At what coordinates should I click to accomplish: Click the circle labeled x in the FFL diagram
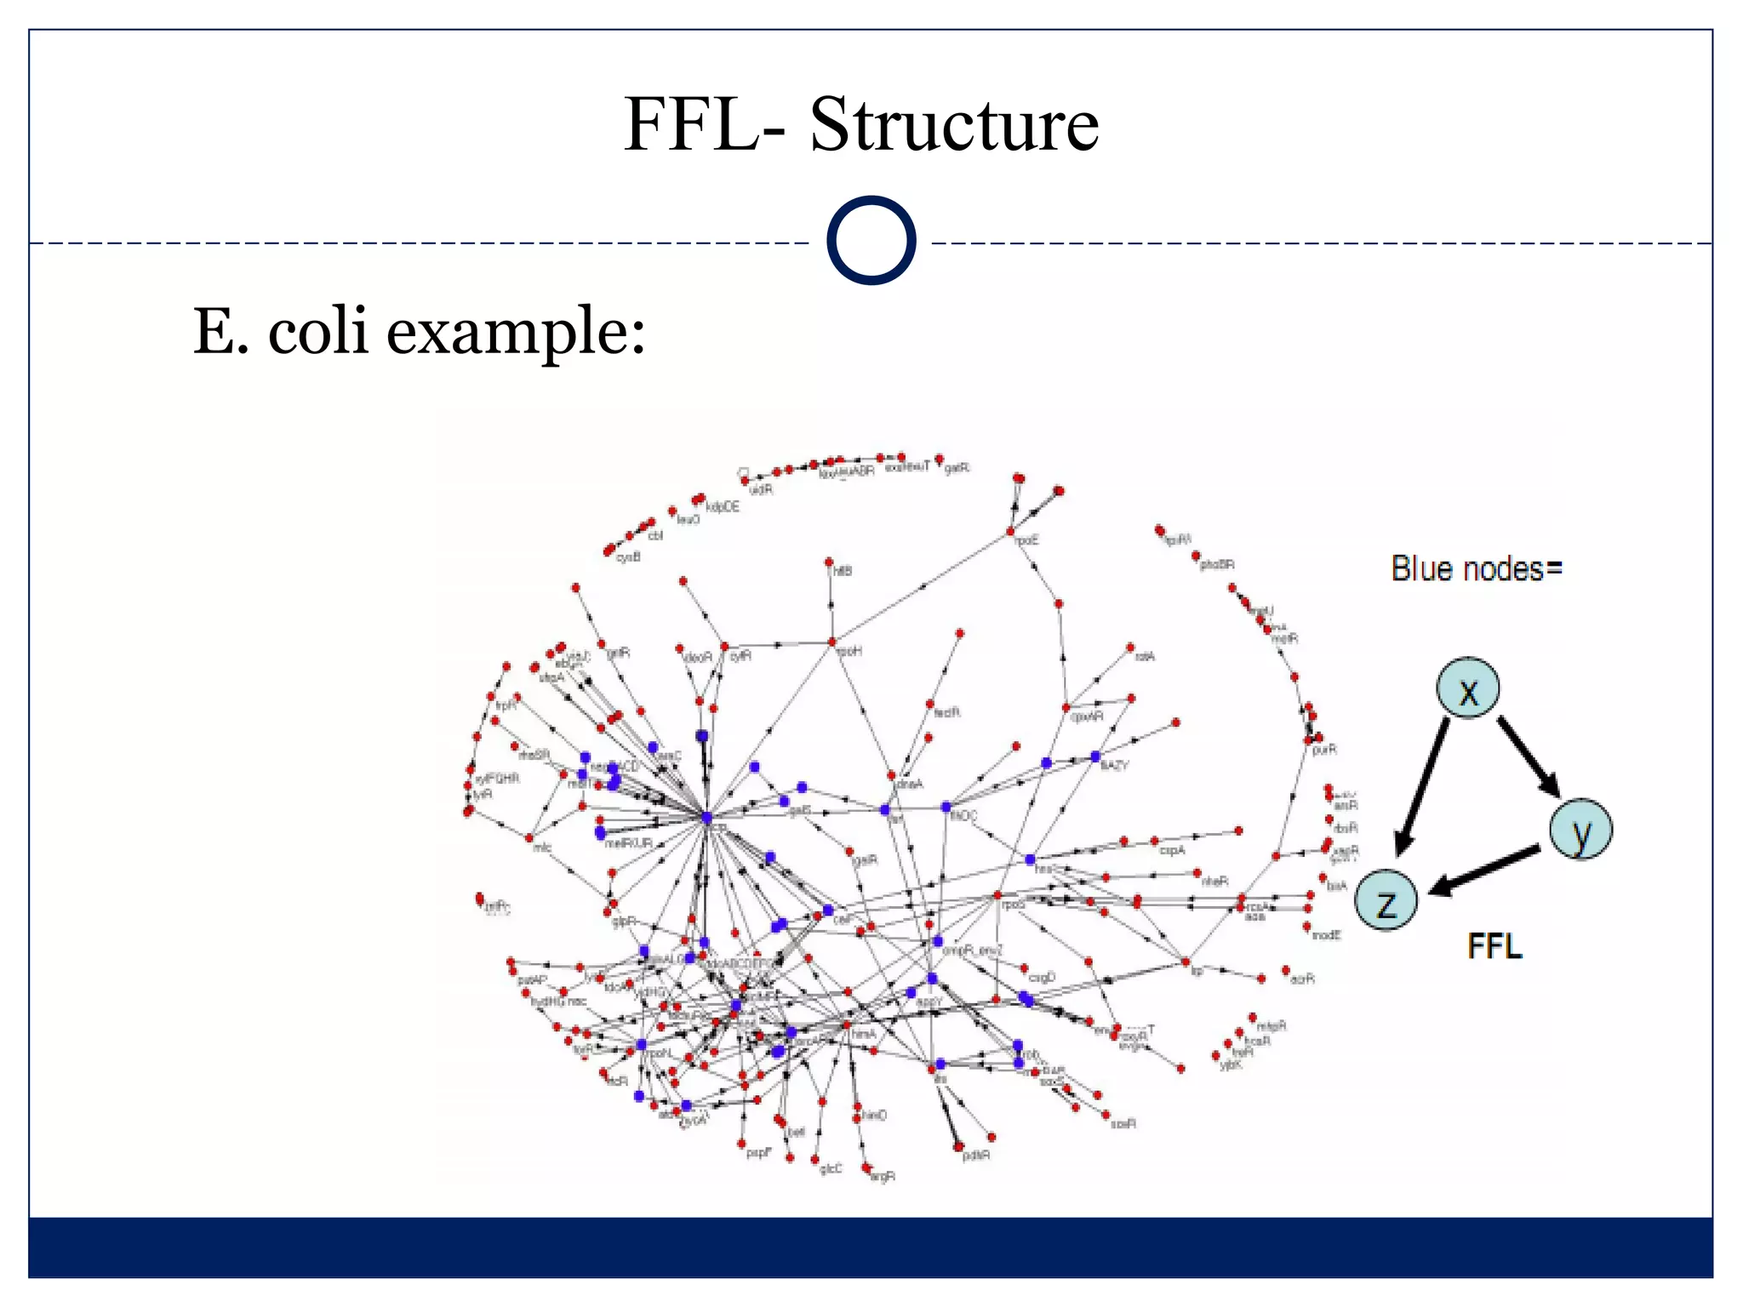click(x=1468, y=688)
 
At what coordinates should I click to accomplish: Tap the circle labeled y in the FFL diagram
click(x=1580, y=830)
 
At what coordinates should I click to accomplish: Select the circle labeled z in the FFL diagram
click(x=1386, y=900)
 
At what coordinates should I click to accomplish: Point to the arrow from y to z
click(x=1485, y=870)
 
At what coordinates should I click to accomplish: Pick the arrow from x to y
click(x=1529, y=756)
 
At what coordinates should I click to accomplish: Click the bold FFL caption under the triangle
click(x=1494, y=946)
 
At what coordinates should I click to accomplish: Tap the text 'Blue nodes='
click(x=1477, y=568)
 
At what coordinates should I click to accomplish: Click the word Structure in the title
click(x=954, y=124)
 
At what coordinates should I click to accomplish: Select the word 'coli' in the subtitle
click(x=318, y=331)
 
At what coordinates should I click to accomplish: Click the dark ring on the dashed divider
click(x=871, y=241)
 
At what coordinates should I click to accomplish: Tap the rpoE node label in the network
click(x=1027, y=540)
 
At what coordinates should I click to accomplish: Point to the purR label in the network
click(x=1324, y=750)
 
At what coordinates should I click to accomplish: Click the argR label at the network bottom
click(x=883, y=1177)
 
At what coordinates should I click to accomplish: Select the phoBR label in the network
click(x=1217, y=564)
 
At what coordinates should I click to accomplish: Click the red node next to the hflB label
click(x=828, y=562)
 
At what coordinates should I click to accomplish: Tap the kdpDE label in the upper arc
click(x=723, y=507)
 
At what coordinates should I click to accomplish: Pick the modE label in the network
click(x=1326, y=934)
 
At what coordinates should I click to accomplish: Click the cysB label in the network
click(x=628, y=557)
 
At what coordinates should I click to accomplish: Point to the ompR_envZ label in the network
click(x=973, y=950)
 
